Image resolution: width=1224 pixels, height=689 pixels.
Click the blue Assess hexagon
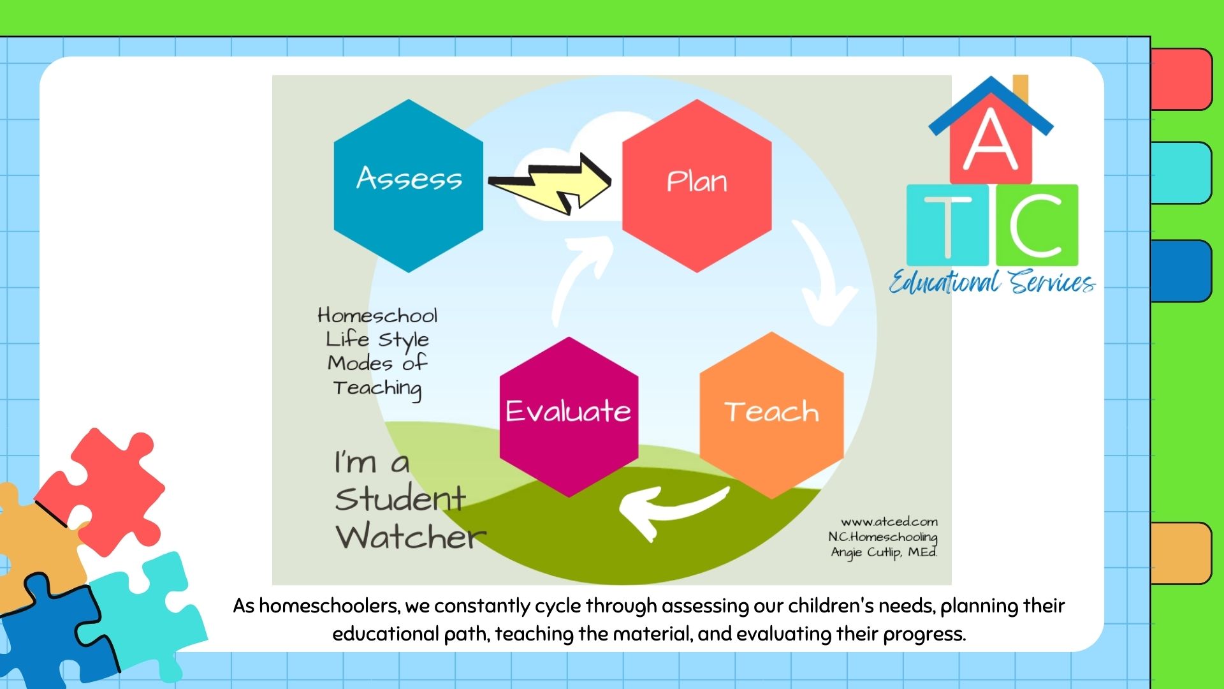(409, 186)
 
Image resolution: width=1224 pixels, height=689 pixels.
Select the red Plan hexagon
(697, 186)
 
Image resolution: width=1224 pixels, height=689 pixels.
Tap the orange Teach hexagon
(771, 415)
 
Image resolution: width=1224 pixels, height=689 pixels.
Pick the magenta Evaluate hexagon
(569, 417)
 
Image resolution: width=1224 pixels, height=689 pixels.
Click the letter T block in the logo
(947, 225)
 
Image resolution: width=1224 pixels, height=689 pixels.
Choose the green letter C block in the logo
(1037, 225)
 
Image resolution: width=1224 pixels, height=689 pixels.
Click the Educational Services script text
(992, 281)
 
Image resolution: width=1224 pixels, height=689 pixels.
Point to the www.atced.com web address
(889, 522)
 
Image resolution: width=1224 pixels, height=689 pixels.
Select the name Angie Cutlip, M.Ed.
(884, 552)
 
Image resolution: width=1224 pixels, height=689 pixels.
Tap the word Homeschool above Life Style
(377, 315)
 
